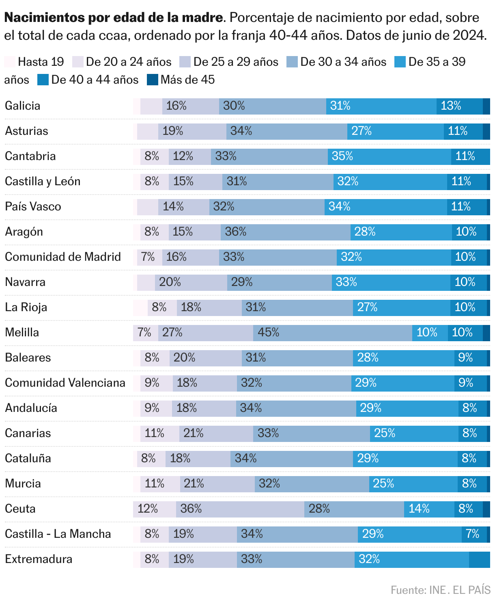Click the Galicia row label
click(23, 106)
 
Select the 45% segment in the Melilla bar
click(333, 333)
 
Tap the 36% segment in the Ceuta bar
click(240, 509)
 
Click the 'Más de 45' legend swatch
click(152, 80)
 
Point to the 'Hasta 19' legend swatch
click(10, 62)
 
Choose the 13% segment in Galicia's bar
click(459, 106)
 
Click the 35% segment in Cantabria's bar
click(390, 156)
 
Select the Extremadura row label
click(39, 559)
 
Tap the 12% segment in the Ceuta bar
click(155, 509)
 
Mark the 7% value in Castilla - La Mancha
click(474, 534)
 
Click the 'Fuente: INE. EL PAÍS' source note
click(441, 590)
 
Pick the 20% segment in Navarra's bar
click(191, 282)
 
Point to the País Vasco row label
click(33, 207)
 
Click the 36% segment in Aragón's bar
click(286, 232)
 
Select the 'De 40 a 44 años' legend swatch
click(43, 80)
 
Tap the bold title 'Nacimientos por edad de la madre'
click(114, 18)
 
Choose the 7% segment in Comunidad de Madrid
click(150, 257)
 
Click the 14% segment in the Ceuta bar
click(429, 509)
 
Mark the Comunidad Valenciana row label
click(65, 383)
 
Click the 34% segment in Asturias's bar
click(287, 131)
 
